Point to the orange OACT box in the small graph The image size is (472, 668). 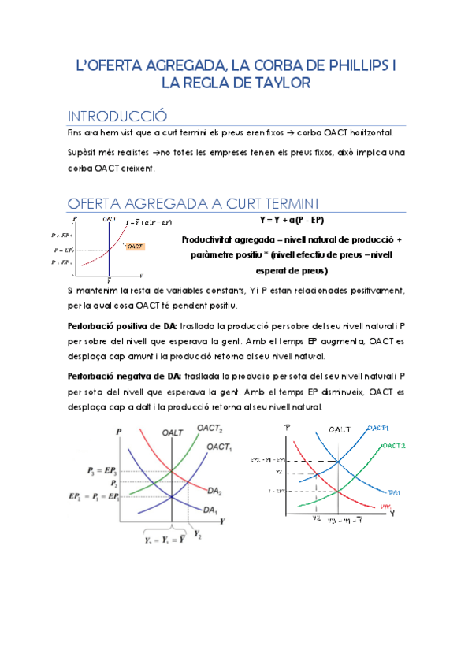135,247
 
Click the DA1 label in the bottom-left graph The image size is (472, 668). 210,510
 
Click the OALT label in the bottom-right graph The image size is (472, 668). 340,430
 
